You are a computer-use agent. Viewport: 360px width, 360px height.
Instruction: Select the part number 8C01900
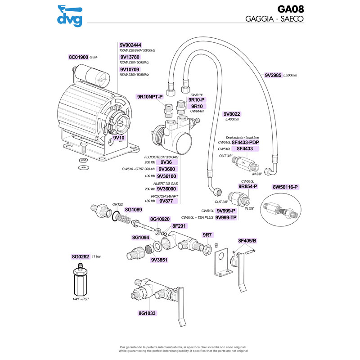78,57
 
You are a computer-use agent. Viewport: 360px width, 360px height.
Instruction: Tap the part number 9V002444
130,45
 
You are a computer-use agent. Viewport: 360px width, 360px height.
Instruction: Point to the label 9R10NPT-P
149,97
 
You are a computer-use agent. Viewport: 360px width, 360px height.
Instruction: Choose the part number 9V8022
232,114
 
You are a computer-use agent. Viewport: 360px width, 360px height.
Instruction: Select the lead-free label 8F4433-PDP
246,142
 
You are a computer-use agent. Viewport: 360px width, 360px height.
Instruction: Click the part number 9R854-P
247,186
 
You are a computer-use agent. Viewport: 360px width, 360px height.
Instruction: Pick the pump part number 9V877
166,201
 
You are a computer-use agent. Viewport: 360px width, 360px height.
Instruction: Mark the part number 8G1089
133,210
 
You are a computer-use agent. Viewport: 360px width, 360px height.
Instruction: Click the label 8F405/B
247,241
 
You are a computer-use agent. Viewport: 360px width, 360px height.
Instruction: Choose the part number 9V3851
159,260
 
